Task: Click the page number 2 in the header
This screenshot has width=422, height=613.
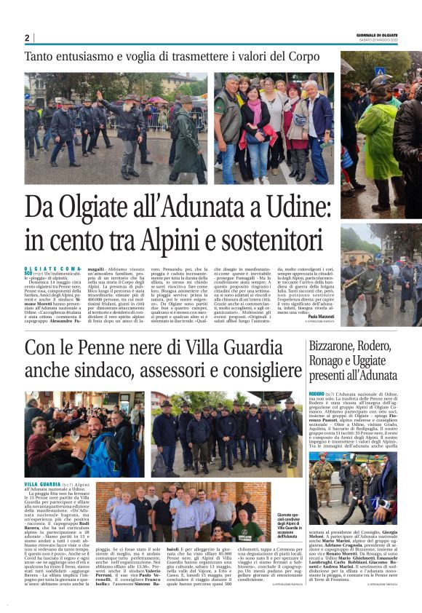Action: point(28,38)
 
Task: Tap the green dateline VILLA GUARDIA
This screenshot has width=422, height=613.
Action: point(41,483)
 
